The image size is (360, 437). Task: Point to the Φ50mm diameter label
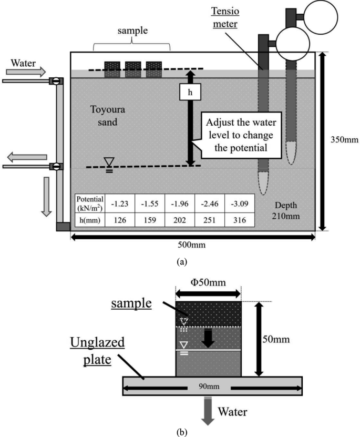pyautogui.click(x=209, y=283)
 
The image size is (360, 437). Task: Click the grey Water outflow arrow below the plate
pyautogui.click(x=208, y=408)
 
